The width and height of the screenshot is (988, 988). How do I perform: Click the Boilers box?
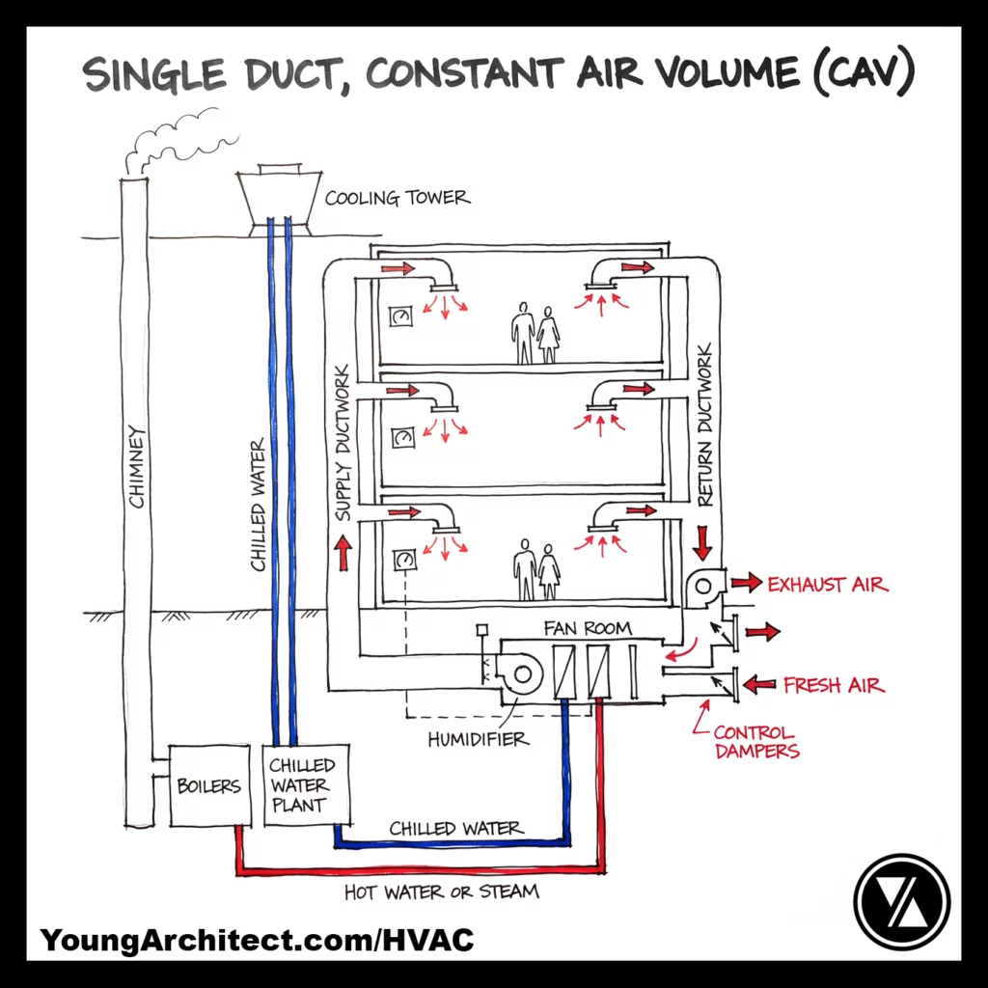coord(208,785)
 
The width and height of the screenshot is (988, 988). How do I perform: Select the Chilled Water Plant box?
coord(299,785)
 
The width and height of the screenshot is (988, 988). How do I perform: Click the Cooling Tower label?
coord(397,199)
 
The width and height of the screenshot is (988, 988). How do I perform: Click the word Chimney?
coord(137,467)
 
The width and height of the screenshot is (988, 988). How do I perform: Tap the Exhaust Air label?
coord(827,585)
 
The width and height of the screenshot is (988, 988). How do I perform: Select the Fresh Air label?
coord(834,685)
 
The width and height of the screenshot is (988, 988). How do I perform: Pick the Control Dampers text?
coord(755,741)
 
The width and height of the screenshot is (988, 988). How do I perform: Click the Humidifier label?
coord(478,740)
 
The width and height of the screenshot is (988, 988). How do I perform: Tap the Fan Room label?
coord(587,628)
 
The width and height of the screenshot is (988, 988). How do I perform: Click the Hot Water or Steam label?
coord(441,892)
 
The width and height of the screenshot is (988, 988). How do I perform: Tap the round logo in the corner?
coord(901,901)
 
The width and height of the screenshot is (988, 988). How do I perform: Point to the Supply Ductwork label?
coord(343,443)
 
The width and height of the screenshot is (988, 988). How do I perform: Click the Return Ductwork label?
coord(704,425)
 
